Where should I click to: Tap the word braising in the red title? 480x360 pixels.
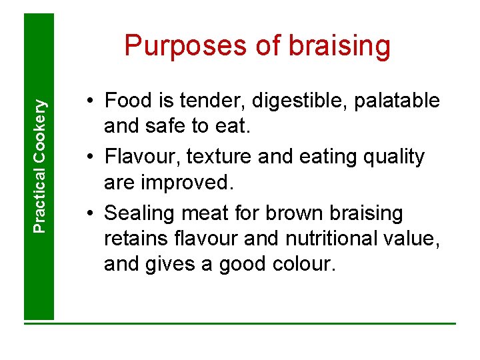pos(339,47)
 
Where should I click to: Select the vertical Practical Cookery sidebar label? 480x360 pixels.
pos(40,166)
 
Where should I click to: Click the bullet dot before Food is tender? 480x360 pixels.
pos(89,101)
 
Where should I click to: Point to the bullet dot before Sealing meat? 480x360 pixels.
pos(89,214)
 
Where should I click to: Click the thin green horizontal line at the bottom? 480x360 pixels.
pos(240,324)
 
